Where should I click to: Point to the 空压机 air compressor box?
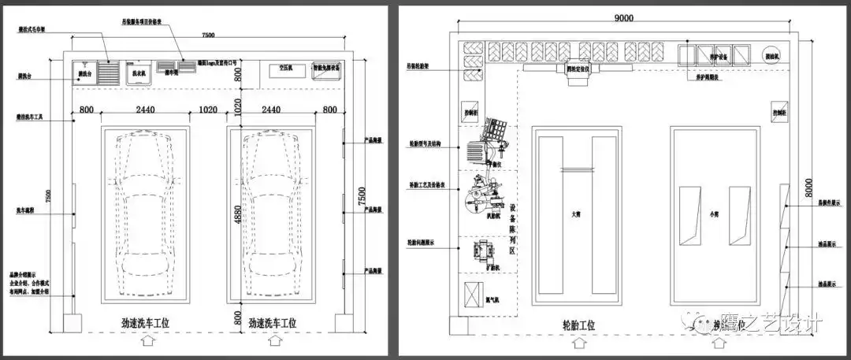click(281, 69)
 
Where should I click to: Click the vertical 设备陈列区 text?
click(514, 228)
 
